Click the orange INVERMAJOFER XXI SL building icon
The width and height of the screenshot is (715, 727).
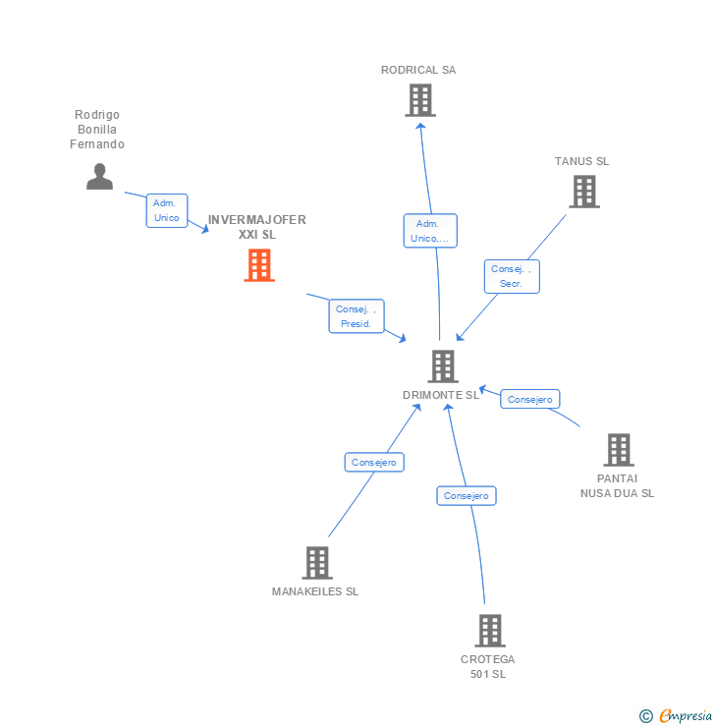[x=259, y=265]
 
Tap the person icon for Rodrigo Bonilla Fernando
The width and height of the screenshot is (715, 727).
[x=99, y=177]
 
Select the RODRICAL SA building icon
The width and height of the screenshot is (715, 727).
[x=420, y=100]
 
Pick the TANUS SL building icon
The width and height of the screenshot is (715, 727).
[x=584, y=192]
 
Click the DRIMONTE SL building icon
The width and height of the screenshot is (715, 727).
[x=443, y=366]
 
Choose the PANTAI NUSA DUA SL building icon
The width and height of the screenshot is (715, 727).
[x=618, y=450]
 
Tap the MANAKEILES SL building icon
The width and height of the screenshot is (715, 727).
[x=316, y=563]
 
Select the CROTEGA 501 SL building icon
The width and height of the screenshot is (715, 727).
[x=489, y=631]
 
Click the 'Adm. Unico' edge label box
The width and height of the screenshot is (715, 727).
[x=167, y=210]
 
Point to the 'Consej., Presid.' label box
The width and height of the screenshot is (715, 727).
[x=356, y=316]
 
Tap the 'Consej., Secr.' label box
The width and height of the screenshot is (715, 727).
[x=512, y=276]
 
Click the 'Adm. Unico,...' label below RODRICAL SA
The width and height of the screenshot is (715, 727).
[x=430, y=231]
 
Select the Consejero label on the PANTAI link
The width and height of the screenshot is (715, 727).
[x=530, y=399]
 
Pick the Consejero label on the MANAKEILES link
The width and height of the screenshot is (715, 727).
[x=374, y=462]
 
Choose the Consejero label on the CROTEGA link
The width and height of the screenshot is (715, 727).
[x=467, y=496]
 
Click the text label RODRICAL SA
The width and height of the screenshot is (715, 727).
[x=418, y=70]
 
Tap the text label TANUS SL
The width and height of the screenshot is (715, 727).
[x=581, y=161]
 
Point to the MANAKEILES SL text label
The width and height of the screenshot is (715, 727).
[x=315, y=591]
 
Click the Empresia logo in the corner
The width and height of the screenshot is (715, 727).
[x=676, y=716]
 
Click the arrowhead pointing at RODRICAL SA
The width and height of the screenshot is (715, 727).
[x=420, y=127]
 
